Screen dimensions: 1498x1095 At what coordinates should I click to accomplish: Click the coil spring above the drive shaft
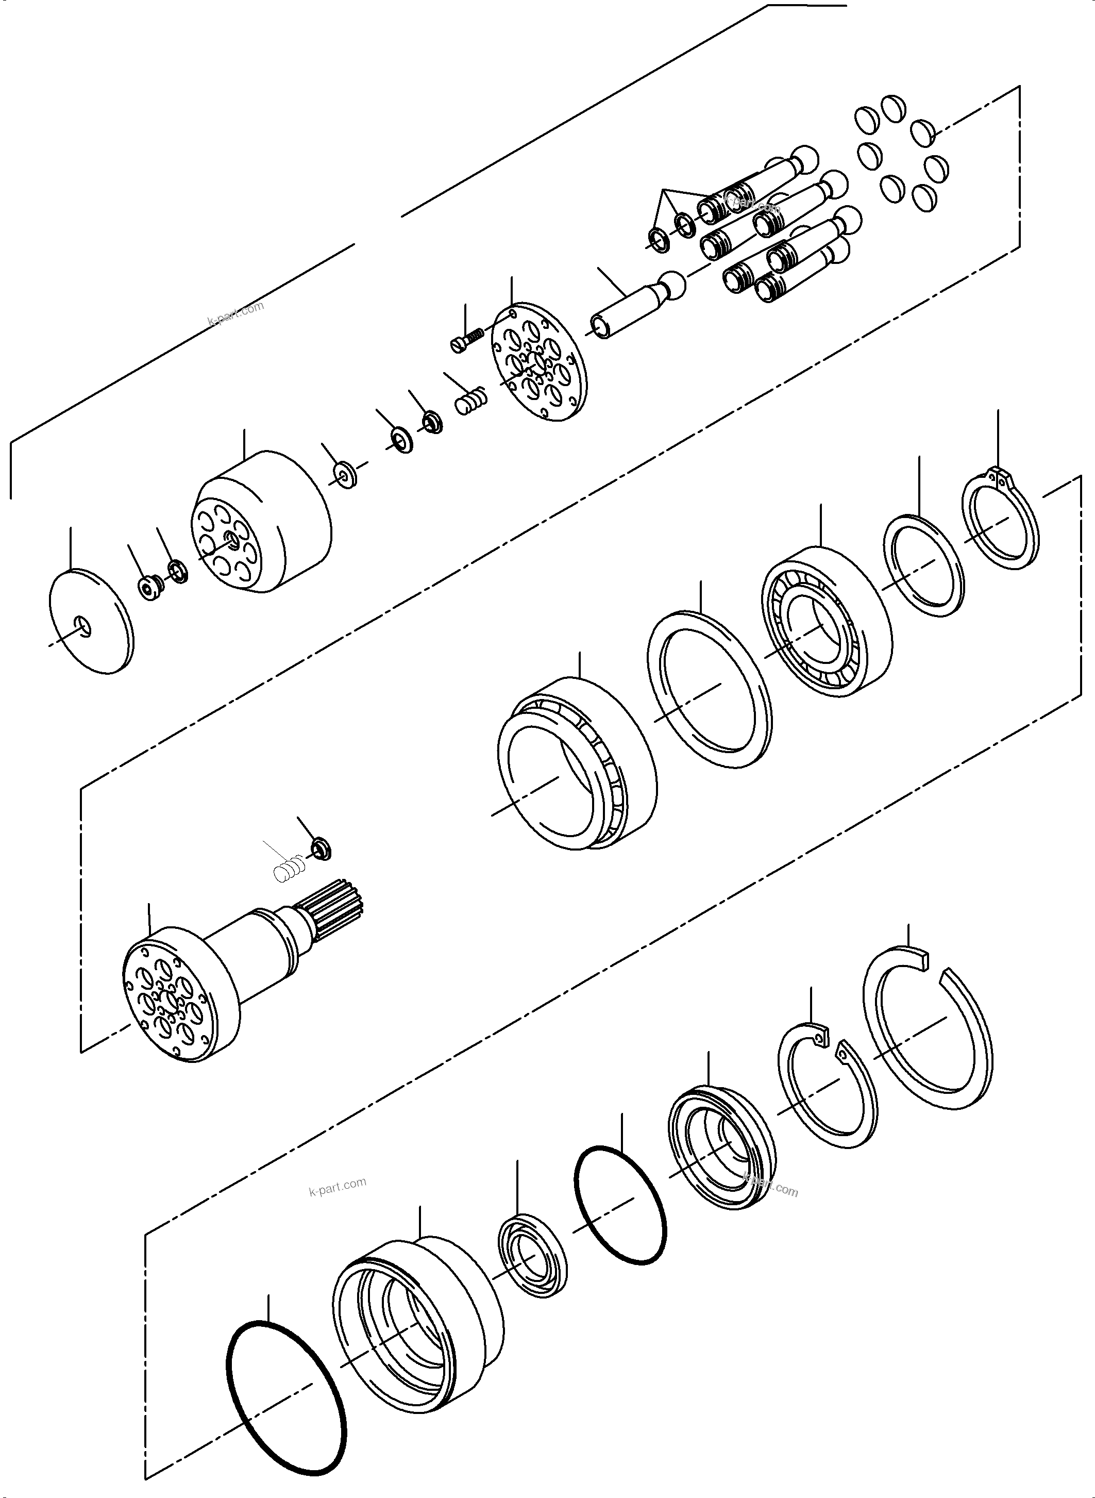coord(289,869)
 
